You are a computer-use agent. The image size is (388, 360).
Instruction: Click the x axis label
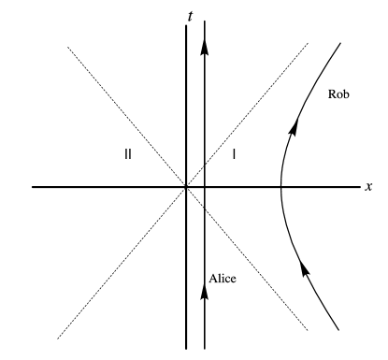(369, 187)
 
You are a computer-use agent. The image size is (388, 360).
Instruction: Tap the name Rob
(339, 94)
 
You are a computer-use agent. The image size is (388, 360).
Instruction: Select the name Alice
(223, 279)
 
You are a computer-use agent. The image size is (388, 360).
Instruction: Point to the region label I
(235, 154)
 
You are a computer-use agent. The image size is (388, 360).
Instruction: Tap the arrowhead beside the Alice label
(204, 290)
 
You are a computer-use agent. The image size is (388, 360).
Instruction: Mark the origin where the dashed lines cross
(186, 187)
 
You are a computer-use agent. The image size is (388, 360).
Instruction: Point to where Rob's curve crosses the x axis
(281, 187)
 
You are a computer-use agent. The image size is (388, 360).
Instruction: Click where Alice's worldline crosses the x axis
(204, 187)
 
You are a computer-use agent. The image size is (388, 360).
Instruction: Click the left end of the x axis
(33, 187)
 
